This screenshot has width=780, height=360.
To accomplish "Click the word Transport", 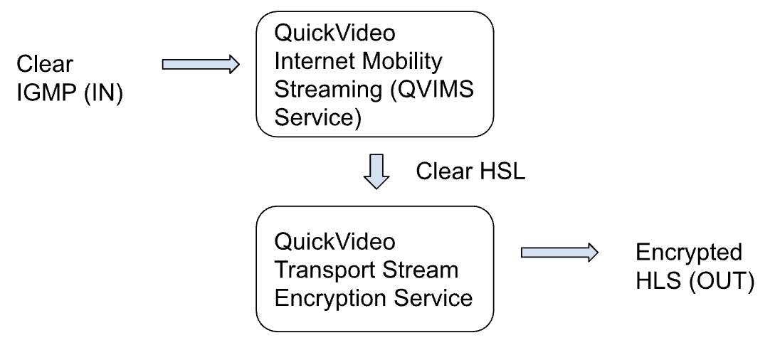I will pyautogui.click(x=320, y=270).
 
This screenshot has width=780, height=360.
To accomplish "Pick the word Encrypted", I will pyautogui.click(x=688, y=253).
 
